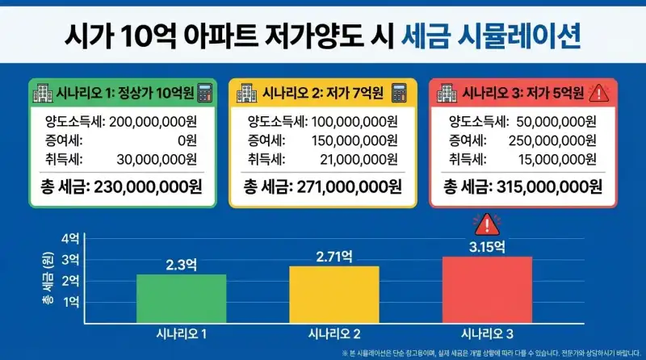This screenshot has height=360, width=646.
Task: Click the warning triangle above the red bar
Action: tap(486, 224)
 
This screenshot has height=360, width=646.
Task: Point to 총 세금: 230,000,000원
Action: tap(121, 187)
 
